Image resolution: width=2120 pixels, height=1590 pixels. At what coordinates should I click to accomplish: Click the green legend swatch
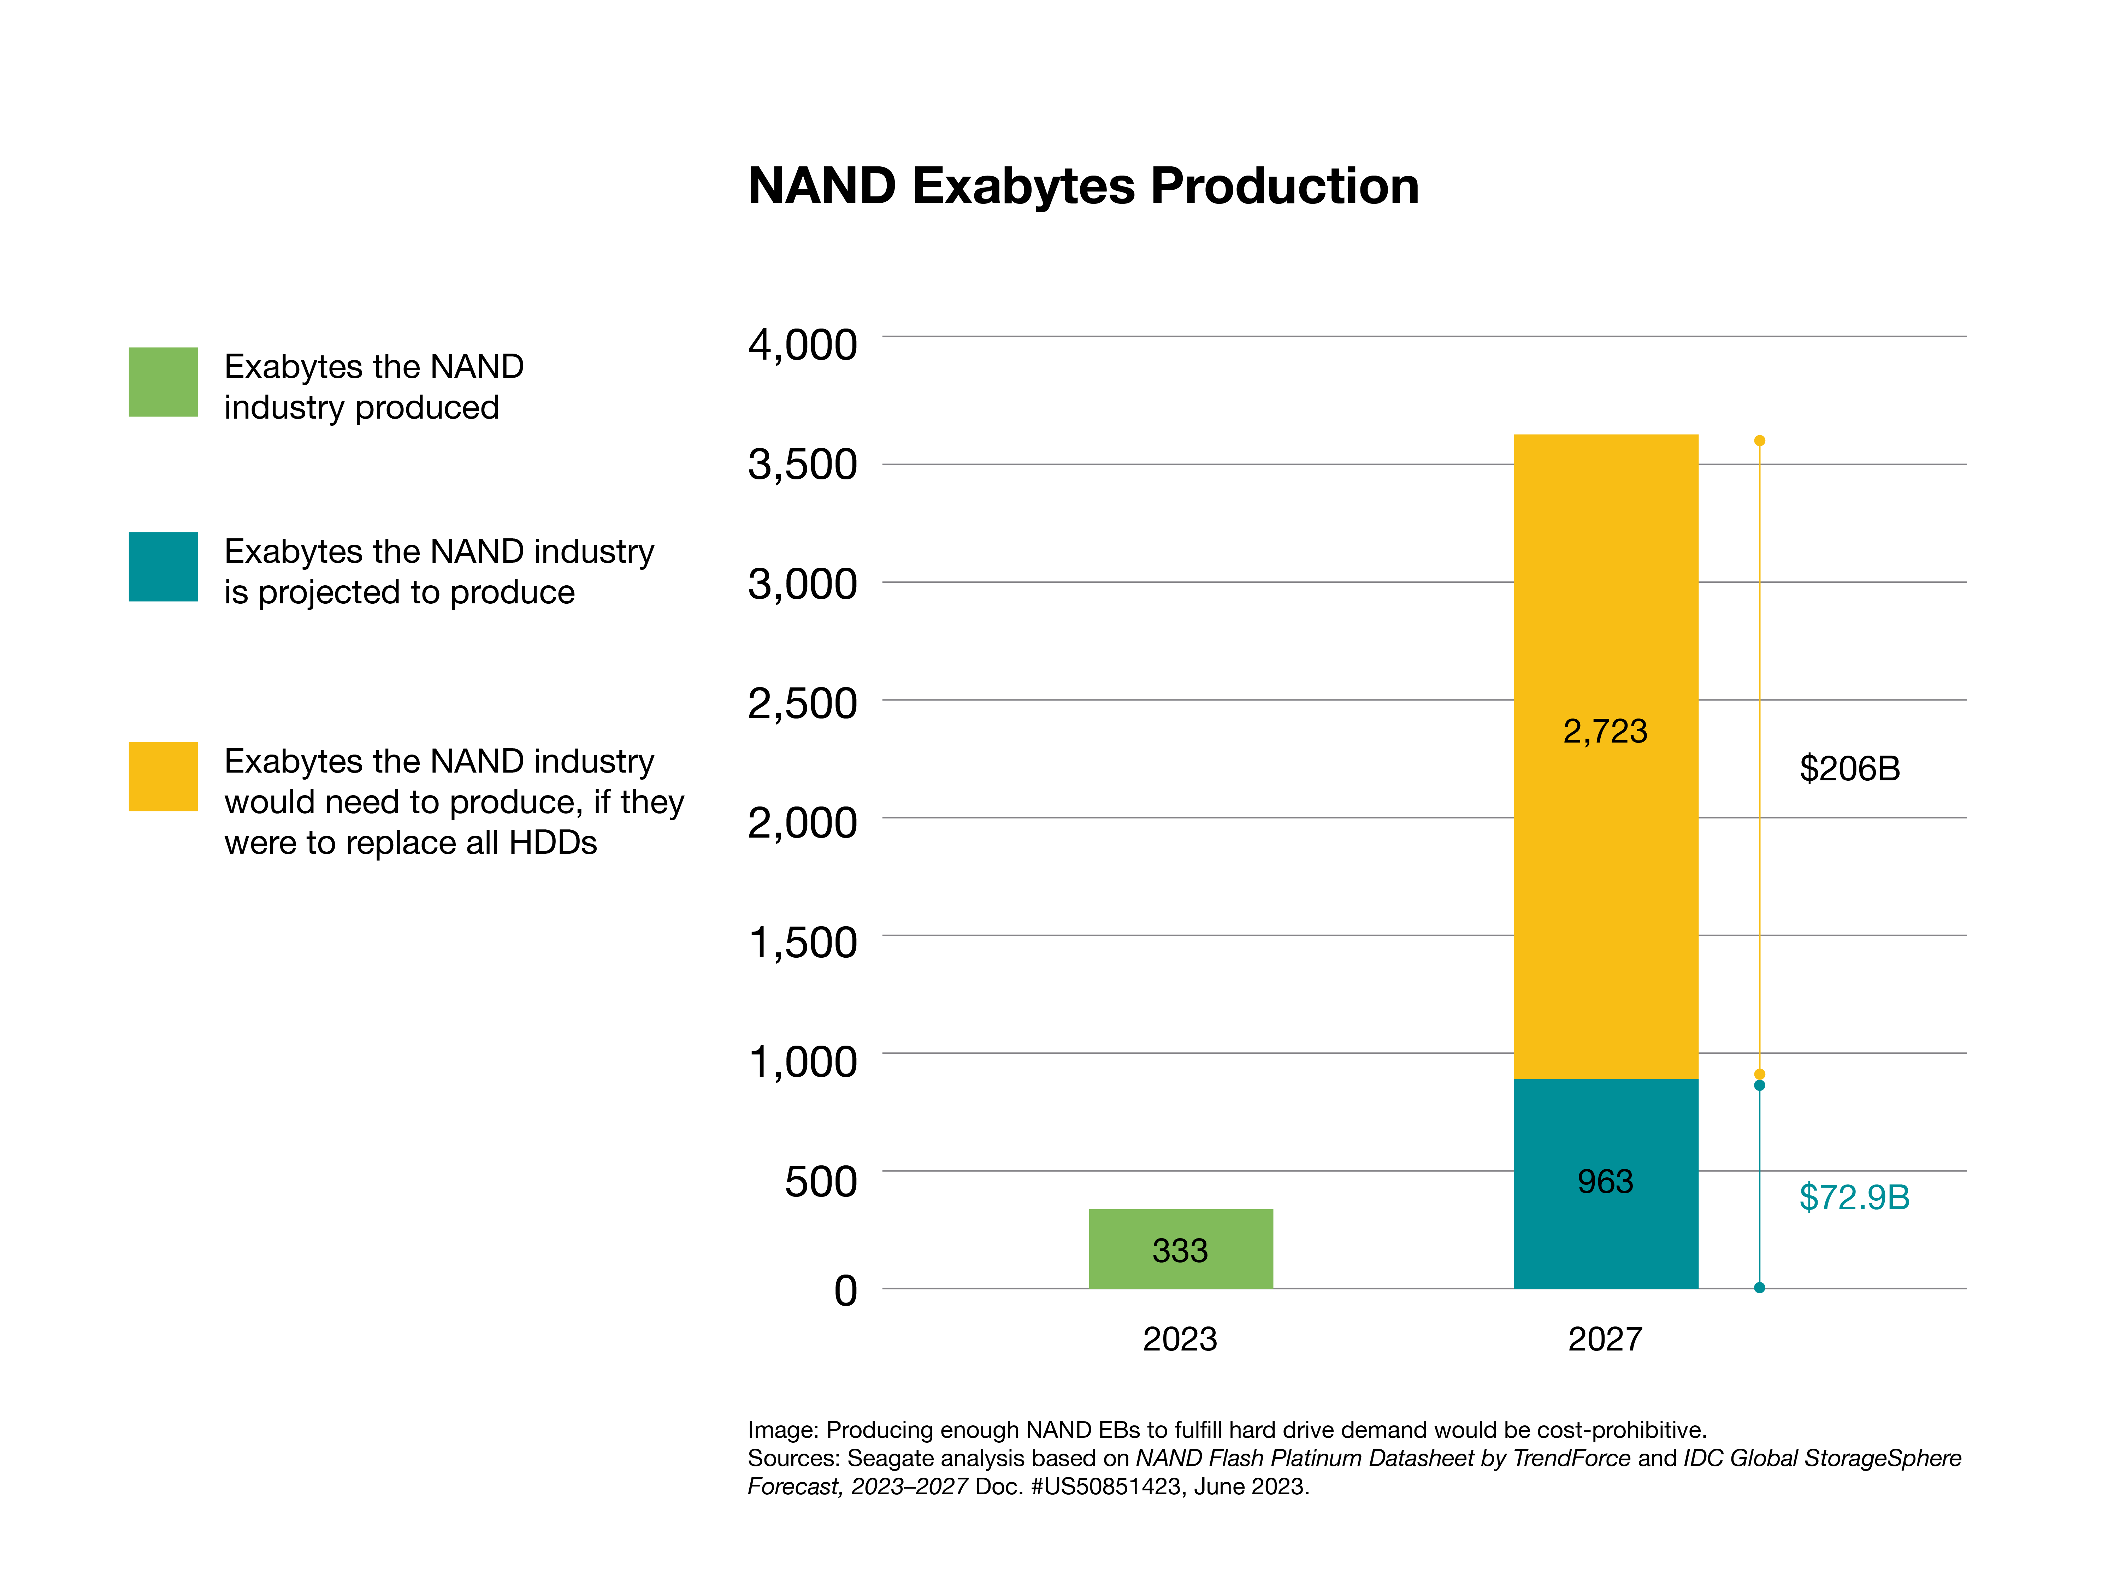[163, 382]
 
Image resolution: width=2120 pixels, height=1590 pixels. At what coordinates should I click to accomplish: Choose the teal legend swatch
[163, 566]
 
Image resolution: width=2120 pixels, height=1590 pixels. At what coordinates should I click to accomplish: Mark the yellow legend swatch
[163, 776]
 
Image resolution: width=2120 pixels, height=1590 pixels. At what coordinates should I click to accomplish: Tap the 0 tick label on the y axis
[845, 1291]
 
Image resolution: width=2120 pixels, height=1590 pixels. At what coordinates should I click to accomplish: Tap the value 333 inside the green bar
[1180, 1251]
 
